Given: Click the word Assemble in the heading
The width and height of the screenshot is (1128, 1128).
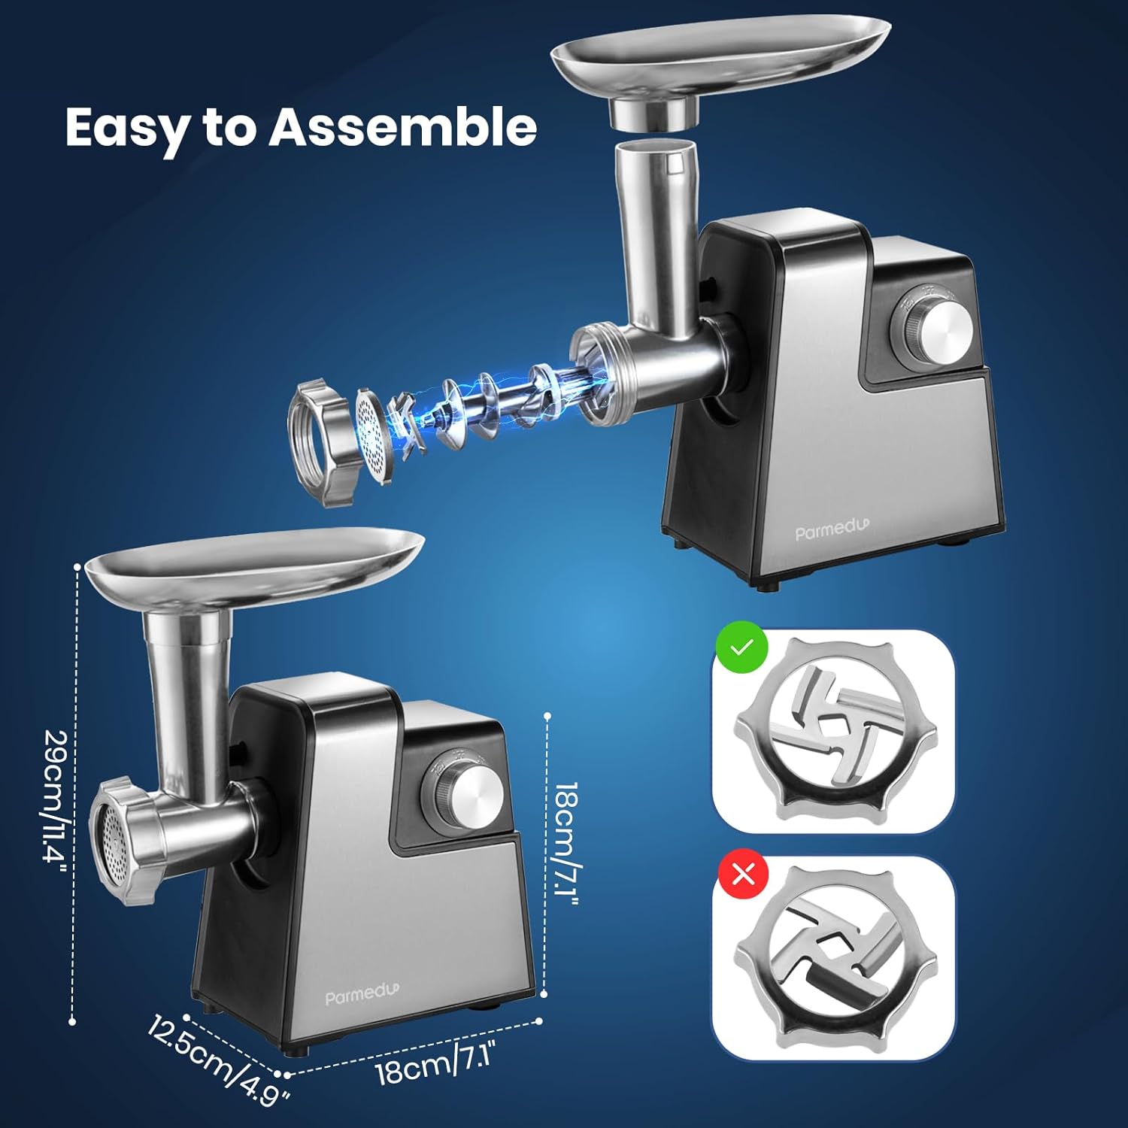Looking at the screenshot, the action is pos(402,126).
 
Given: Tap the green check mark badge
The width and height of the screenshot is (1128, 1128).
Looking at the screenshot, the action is pos(741,647).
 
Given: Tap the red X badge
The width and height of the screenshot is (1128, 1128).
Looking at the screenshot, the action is pos(744,874).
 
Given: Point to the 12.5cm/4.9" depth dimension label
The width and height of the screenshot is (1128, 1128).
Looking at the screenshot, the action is pos(218,1060).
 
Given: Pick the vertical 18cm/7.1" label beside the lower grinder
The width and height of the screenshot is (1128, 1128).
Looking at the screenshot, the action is pos(566,839).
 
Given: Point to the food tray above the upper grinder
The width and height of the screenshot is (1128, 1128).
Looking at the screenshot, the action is pos(720,68).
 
